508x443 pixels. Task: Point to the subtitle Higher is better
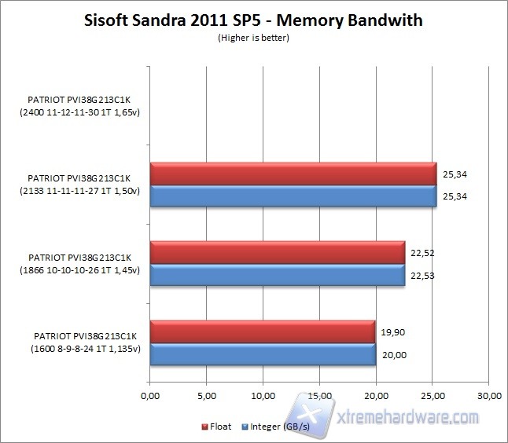(x=253, y=38)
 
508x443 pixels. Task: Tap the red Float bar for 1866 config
(x=277, y=252)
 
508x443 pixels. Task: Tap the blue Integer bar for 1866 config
(x=277, y=274)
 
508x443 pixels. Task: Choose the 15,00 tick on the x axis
(x=319, y=395)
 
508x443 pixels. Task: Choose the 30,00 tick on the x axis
(x=488, y=395)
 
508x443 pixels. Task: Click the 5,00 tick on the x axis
(x=206, y=395)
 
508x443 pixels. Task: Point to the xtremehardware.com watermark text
(x=417, y=417)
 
